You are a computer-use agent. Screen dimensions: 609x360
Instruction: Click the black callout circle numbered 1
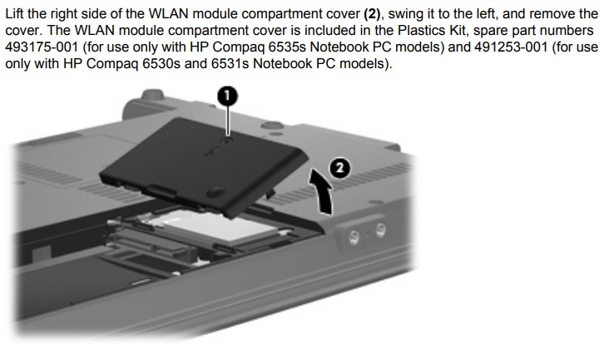(x=227, y=96)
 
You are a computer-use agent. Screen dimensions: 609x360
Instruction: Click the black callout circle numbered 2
(x=339, y=169)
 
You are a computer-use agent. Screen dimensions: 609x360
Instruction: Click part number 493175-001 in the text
(x=42, y=47)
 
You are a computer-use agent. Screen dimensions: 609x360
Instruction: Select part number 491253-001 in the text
(x=511, y=47)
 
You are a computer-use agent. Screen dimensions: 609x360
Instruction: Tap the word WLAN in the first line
(x=169, y=14)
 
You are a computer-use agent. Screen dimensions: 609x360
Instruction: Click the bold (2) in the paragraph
(x=372, y=14)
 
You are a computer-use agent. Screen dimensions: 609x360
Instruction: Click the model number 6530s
(x=161, y=63)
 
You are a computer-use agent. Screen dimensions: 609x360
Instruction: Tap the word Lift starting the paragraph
(x=15, y=14)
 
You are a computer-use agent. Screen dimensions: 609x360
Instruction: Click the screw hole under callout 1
(x=228, y=139)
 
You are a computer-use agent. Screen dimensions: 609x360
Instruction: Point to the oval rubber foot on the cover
(x=215, y=191)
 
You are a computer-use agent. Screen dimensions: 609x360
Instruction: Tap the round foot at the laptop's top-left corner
(x=152, y=94)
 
